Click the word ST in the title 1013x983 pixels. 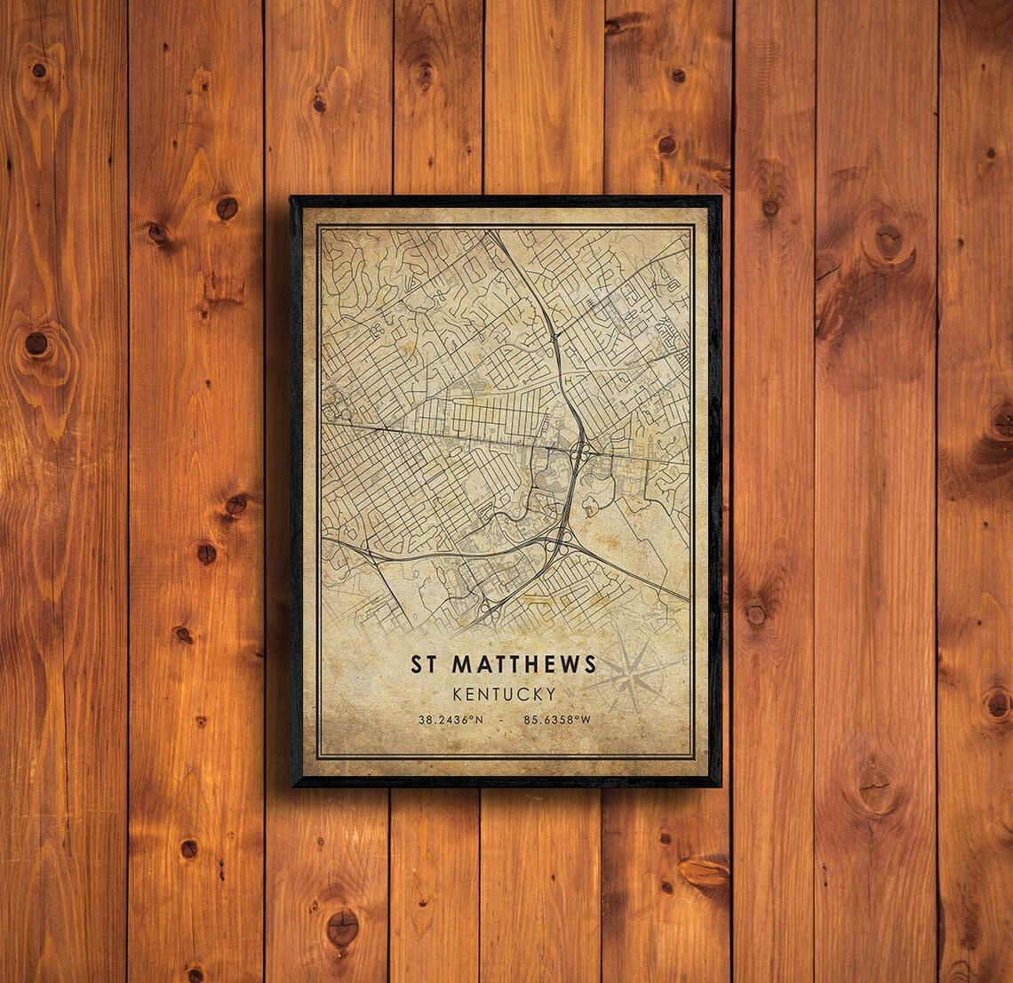point(423,664)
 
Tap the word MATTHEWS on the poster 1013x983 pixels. point(524,664)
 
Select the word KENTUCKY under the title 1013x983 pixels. point(504,693)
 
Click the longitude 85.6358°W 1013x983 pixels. point(557,720)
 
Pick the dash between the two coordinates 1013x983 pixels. point(503,720)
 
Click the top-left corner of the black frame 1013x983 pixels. point(291,198)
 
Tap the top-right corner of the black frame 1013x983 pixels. point(720,198)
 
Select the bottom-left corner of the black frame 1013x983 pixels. point(293,786)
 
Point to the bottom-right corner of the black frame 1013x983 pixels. point(720,786)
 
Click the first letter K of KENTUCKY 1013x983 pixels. point(457,693)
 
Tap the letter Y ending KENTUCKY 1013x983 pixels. point(551,693)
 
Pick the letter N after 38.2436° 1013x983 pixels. point(479,720)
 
